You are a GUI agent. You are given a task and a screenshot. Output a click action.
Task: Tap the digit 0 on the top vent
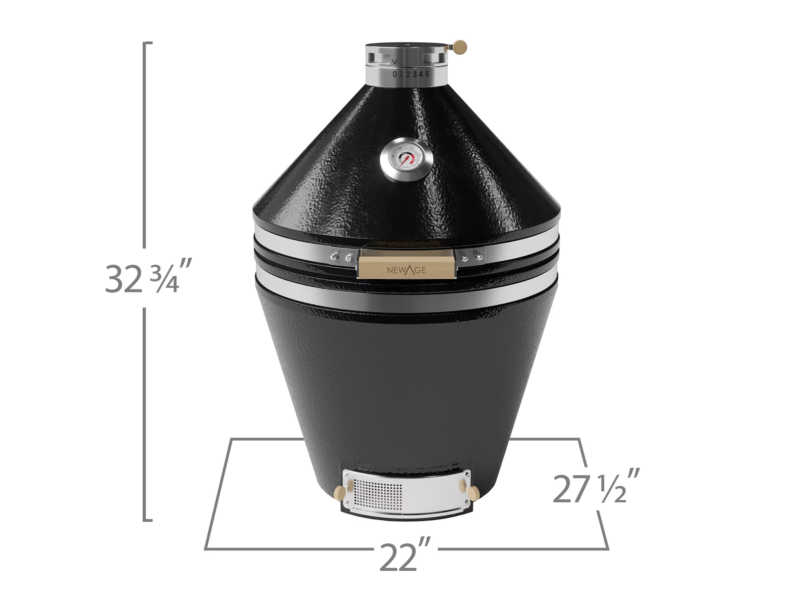point(395,75)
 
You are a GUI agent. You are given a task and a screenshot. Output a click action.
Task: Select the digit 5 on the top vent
point(427,74)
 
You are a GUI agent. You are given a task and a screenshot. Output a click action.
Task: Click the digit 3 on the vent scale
point(415,74)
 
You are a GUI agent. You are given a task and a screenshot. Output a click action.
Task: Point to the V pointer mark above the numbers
point(395,62)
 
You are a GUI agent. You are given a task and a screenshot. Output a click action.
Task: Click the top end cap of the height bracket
point(148,42)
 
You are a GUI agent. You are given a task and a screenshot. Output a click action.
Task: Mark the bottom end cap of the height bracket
point(148,520)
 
